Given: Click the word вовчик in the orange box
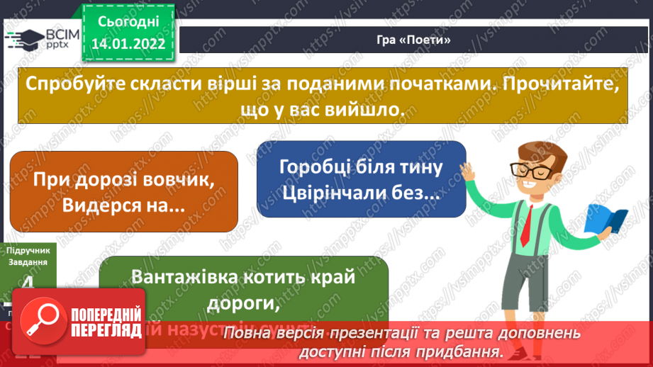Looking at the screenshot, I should (177, 180).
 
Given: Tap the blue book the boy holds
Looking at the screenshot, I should (608, 220).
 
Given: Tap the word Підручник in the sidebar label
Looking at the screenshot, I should (27, 250).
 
